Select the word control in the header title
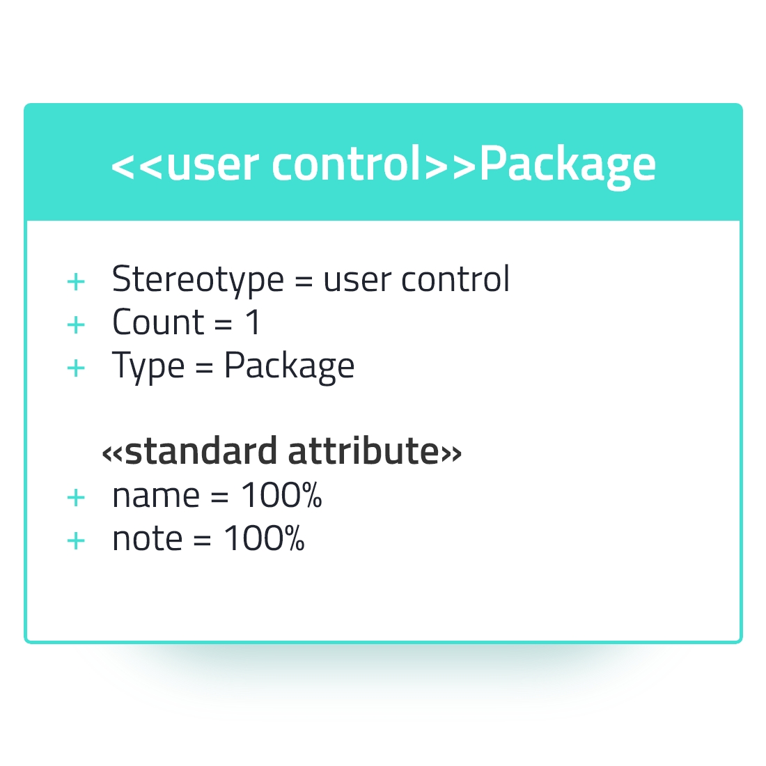point(346,163)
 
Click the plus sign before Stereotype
point(76,282)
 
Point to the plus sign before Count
point(76,325)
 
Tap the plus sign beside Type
point(76,368)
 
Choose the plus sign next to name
point(76,498)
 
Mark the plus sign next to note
point(76,541)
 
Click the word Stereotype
point(198,281)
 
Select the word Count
point(158,322)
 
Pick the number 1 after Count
point(253,322)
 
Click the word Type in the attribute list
point(148,366)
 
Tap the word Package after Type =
point(289,367)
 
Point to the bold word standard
point(201,451)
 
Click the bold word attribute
point(364,451)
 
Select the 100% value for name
point(281,495)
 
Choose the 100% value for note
point(265,538)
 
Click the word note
point(148,539)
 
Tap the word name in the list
point(156,497)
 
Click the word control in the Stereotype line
point(455,279)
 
